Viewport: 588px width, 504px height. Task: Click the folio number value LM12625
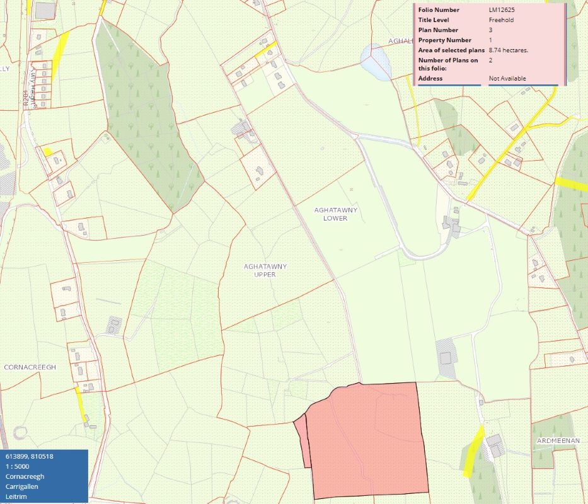[502, 10]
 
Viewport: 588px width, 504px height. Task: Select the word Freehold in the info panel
[501, 20]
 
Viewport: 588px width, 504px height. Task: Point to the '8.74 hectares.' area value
[508, 50]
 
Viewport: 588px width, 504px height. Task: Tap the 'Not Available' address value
[507, 79]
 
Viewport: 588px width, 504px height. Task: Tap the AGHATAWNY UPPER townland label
[265, 270]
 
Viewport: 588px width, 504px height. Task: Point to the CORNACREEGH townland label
[30, 367]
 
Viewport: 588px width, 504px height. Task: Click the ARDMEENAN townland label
[558, 441]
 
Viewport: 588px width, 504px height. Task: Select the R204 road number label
[26, 100]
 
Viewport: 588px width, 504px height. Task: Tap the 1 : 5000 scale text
[18, 466]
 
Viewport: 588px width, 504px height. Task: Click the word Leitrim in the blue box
[16, 496]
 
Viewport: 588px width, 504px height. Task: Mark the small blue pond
[376, 62]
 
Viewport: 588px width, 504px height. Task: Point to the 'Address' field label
[430, 79]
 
